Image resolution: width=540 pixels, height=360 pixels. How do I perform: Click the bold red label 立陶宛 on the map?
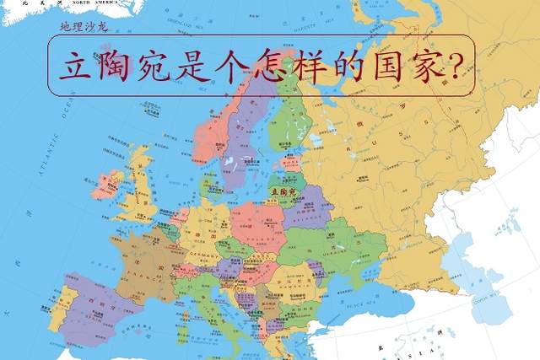pos(280,193)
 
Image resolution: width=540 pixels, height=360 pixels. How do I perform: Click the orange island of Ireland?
pos(106,184)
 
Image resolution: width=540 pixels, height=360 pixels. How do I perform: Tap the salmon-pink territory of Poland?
pos(257,223)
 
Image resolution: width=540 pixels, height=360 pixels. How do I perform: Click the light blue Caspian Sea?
pos(472,278)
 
